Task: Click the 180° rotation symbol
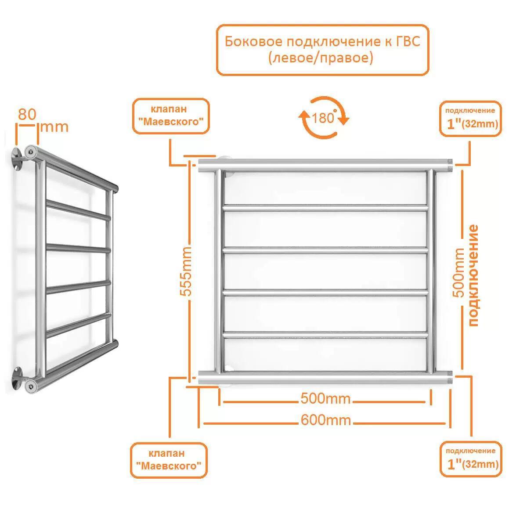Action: (324, 118)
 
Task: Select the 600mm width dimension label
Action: (325, 420)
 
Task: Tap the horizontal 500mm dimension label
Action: (325, 399)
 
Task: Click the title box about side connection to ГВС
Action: (322, 50)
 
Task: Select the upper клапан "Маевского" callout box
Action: (170, 116)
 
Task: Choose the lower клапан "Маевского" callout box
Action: (169, 460)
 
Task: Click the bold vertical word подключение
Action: (473, 275)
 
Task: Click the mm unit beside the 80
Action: (54, 127)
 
